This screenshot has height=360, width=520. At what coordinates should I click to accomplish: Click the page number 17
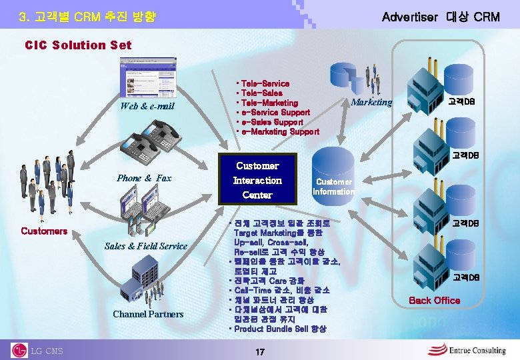tap(259, 351)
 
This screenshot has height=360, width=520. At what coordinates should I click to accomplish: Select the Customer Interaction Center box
tap(257, 180)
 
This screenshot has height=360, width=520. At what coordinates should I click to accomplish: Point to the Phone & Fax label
tap(144, 178)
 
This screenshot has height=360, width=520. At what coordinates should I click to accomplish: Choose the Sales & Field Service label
tap(146, 246)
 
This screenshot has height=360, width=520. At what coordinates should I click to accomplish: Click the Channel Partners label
tap(148, 314)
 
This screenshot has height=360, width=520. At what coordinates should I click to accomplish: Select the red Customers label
tap(44, 231)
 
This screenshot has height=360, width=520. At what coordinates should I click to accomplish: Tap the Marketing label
tap(371, 102)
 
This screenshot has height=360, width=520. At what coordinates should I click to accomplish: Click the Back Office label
tap(434, 300)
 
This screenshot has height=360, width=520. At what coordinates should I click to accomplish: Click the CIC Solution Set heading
tap(78, 45)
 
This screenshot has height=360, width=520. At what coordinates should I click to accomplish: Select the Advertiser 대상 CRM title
tap(440, 17)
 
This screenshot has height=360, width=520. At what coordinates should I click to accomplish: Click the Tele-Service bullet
tap(265, 83)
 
